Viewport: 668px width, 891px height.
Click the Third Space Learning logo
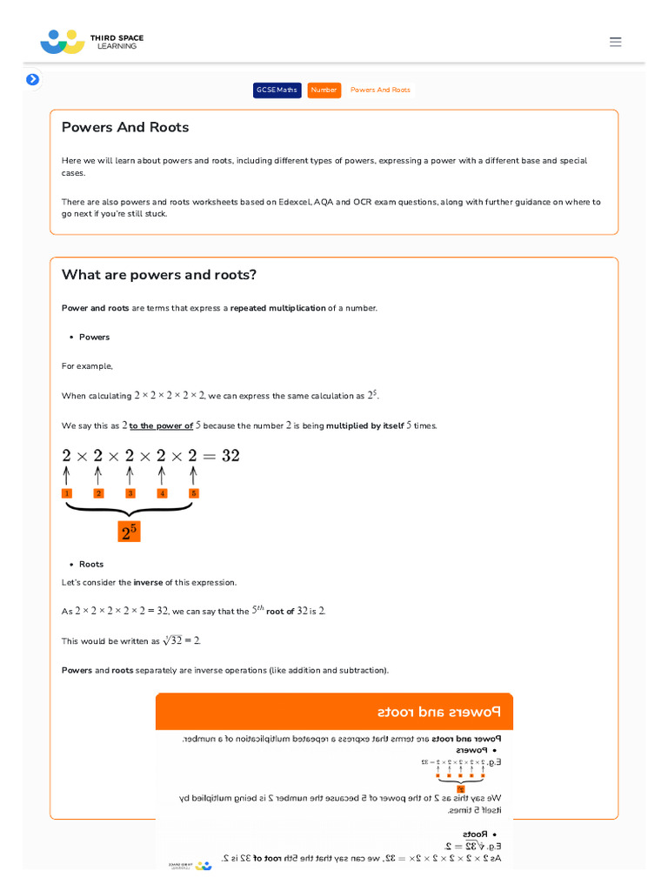point(91,41)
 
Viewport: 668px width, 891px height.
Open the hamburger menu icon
point(616,42)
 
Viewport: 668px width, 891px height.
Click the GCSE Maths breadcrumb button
point(277,90)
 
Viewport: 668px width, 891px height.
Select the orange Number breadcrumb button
point(324,90)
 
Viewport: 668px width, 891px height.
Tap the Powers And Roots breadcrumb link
point(380,90)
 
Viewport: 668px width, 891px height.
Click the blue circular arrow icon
point(32,79)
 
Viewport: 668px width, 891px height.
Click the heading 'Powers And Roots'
point(125,127)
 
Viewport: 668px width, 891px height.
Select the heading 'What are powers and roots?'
point(159,275)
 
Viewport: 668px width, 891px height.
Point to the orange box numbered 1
point(66,493)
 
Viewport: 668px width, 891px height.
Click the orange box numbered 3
point(130,493)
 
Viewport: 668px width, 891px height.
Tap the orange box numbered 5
point(193,493)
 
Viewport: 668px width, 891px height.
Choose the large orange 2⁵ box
point(129,532)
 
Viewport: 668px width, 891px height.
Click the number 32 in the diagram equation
point(230,455)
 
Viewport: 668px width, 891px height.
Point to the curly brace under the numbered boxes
point(129,510)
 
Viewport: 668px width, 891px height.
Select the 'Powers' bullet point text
point(94,337)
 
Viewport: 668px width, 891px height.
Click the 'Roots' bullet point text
point(91,564)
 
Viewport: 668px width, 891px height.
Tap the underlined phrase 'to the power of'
point(161,425)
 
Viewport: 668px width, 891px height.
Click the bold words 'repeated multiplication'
point(277,308)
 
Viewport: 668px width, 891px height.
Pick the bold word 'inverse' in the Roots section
point(148,582)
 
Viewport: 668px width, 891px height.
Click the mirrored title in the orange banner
point(439,712)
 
